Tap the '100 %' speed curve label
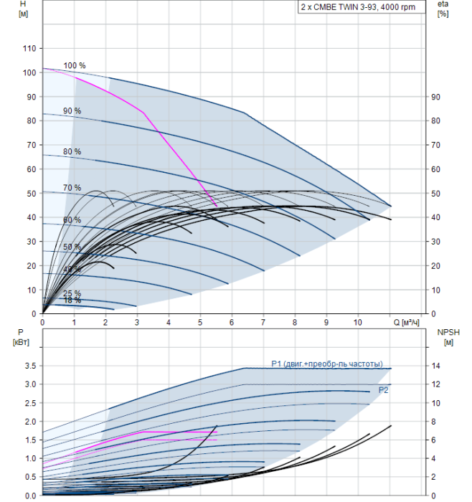[x=75, y=66]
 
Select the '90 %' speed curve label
[x=72, y=111]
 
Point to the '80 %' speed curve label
[x=72, y=152]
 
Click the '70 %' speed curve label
[x=72, y=188]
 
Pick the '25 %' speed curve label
[x=72, y=294]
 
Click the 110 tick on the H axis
[x=29, y=48]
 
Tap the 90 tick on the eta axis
[x=435, y=97]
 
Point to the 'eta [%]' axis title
[x=443, y=9]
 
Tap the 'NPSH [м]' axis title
[x=447, y=336]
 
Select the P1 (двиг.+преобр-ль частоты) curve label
[x=326, y=363]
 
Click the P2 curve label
[x=384, y=389]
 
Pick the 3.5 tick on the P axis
[x=29, y=366]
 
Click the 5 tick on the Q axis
[x=200, y=322]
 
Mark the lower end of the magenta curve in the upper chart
[x=217, y=207]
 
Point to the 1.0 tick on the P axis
[x=29, y=458]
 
